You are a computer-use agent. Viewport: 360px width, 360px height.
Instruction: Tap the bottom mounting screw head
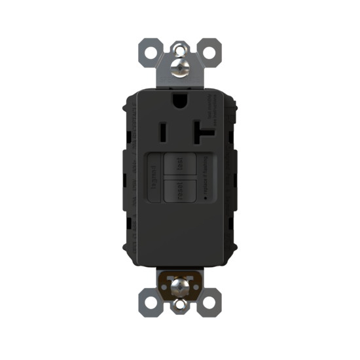pos(179,287)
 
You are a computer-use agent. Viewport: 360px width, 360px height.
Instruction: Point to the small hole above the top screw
pos(179,48)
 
